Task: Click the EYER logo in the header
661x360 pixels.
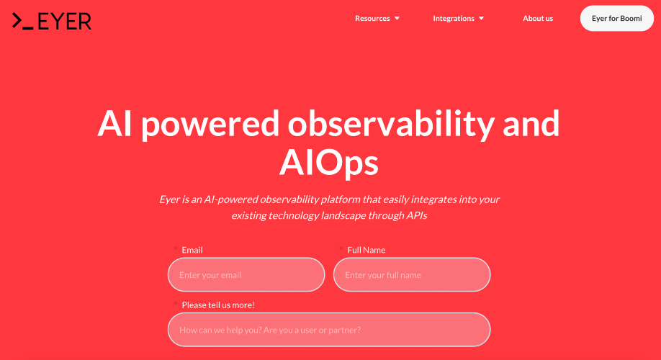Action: coord(51,21)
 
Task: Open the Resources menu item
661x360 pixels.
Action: coord(372,18)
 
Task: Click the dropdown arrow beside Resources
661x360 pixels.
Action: coord(397,19)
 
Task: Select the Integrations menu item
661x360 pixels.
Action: coord(454,18)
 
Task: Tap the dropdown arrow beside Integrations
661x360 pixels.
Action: coord(482,19)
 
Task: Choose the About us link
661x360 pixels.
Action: coord(538,18)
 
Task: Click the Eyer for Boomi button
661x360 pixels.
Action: coord(617,18)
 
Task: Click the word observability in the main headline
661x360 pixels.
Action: coord(391,124)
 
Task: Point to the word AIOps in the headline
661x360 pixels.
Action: coord(329,163)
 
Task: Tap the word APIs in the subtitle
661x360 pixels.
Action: coord(416,215)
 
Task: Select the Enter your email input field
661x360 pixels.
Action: coord(246,274)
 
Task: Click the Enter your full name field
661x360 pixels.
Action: coord(412,274)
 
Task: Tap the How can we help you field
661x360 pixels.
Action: coord(329,330)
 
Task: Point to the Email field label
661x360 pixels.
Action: coord(192,250)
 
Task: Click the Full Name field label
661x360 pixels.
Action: coord(367,250)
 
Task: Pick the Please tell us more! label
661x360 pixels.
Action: coord(218,305)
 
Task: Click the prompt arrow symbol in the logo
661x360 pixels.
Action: coord(17,21)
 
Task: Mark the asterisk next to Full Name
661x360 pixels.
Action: coord(341,248)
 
